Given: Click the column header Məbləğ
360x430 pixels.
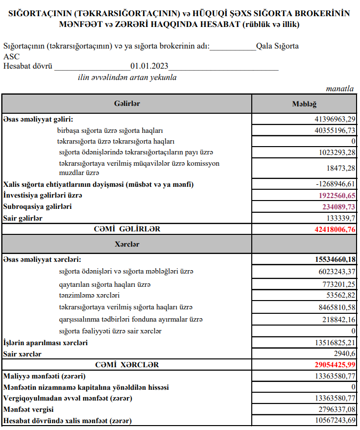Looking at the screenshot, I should pyautogui.click(x=304, y=104).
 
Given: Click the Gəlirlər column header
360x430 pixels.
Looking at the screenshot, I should pyautogui.click(x=127, y=104).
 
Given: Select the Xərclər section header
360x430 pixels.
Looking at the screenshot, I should pyautogui.click(x=127, y=244).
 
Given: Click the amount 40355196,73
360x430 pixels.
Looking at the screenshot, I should pyautogui.click(x=335, y=130).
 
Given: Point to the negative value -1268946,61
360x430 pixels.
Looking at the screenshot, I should pyautogui.click(x=334, y=184).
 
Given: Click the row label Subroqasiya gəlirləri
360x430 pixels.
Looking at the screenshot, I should pyautogui.click(x=37, y=207).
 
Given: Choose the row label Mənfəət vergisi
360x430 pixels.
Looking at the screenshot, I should pyautogui.click(x=28, y=409).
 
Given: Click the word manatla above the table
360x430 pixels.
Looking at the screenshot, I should pyautogui.click(x=339, y=89).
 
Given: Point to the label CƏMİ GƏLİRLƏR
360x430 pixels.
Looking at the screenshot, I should pyautogui.click(x=127, y=229).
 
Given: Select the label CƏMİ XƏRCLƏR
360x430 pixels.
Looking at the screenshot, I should pyautogui.click(x=127, y=365).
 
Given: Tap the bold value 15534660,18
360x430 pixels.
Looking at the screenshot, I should pyautogui.click(x=332, y=259).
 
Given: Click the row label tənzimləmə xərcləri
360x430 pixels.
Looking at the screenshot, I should pyautogui.click(x=89, y=296).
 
